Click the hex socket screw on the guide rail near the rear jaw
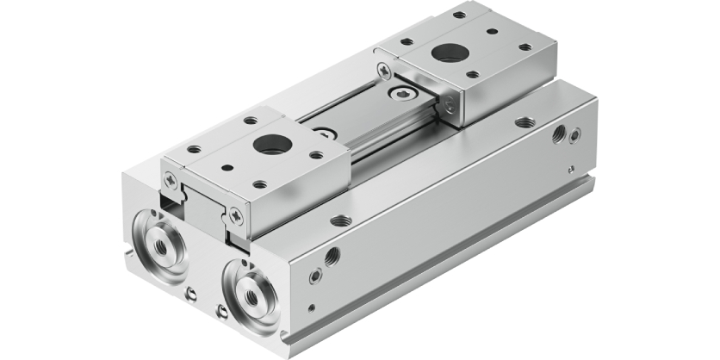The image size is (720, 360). pos(404,94)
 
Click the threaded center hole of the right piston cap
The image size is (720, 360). pos(252,292)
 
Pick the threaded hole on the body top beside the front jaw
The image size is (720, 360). pos(340,220)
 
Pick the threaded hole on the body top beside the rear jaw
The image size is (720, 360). pos(524,121)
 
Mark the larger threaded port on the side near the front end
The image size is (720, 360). pos(332,256)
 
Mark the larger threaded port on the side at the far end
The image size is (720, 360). pos(560,133)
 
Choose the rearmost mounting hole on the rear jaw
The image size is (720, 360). pos(460,15)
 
